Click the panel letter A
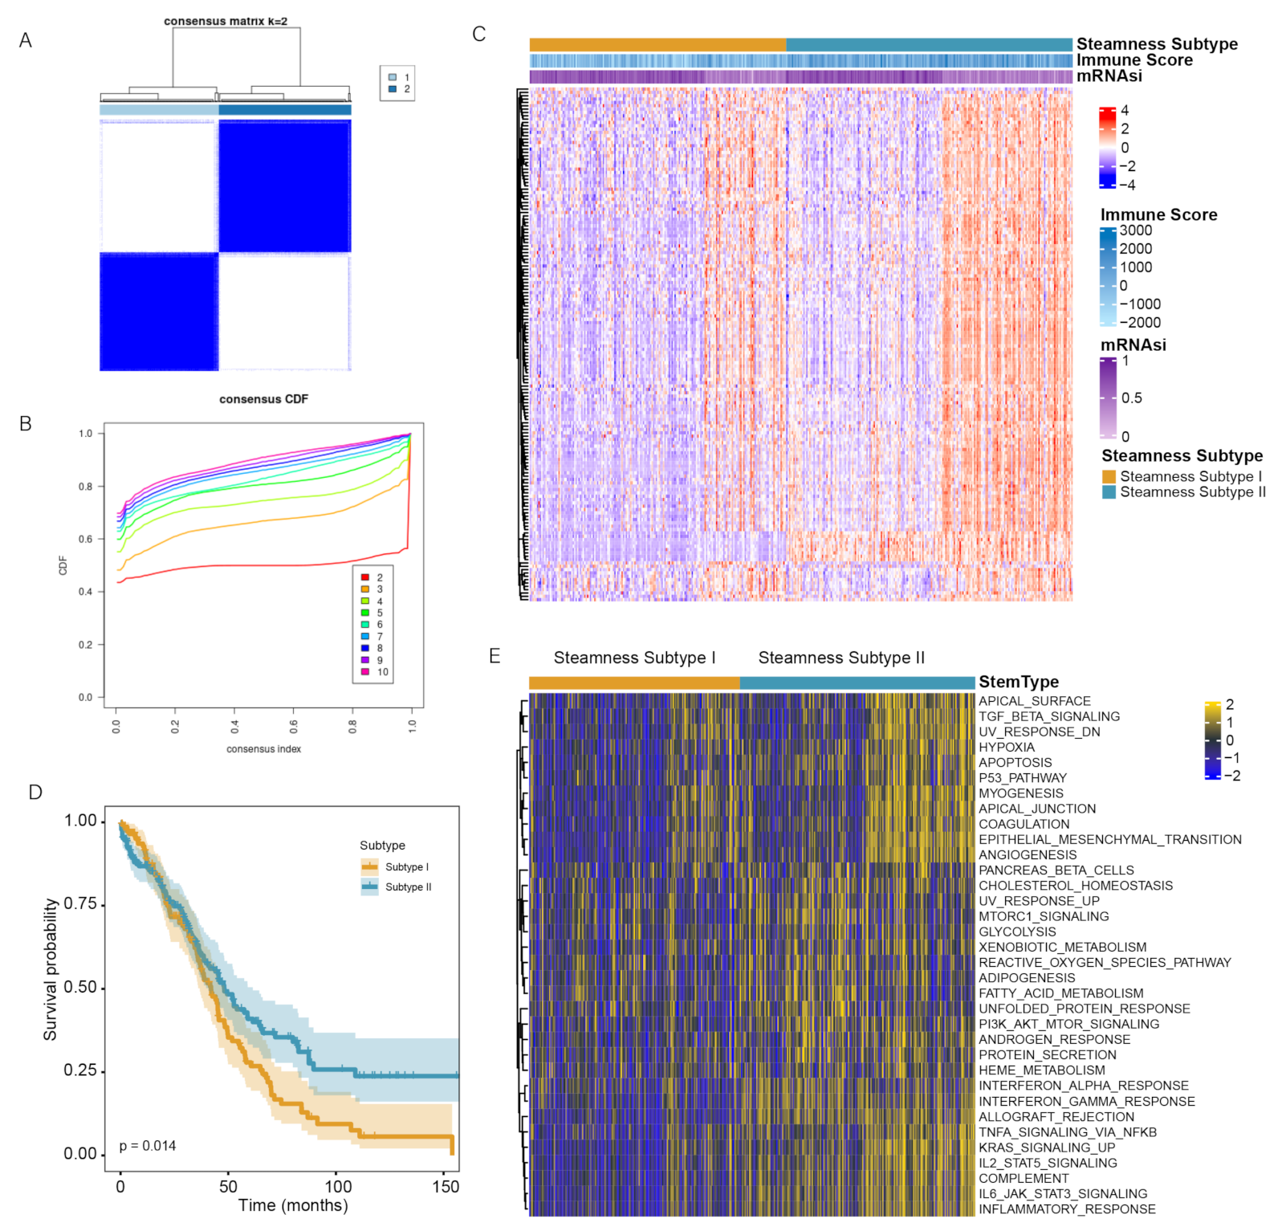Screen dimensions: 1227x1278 point(26,40)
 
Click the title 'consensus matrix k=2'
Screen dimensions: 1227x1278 point(226,21)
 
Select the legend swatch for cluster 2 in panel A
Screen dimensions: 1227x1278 point(393,89)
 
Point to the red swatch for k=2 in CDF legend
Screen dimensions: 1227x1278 point(365,577)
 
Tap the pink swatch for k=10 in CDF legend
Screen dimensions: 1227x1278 point(365,671)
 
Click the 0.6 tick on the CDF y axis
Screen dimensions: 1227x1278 point(85,539)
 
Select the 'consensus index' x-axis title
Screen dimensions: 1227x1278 point(263,748)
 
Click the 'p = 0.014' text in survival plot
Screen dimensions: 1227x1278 point(148,1146)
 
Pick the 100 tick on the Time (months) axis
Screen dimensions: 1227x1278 point(338,1186)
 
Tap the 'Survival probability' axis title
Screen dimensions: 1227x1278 point(51,969)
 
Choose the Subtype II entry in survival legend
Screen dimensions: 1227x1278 point(408,887)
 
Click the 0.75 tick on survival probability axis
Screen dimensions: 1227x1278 point(80,904)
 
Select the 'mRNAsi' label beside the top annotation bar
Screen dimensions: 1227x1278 point(1109,75)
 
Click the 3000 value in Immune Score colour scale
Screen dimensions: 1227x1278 point(1135,230)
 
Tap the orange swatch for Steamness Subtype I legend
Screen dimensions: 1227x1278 point(1109,477)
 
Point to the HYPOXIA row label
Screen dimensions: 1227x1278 point(1006,747)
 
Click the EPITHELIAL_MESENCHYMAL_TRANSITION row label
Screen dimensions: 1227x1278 point(1109,839)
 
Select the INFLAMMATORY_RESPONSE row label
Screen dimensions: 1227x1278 point(1067,1209)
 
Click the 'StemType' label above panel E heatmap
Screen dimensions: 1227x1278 point(1018,682)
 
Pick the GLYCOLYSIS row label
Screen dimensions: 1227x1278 point(1017,931)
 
